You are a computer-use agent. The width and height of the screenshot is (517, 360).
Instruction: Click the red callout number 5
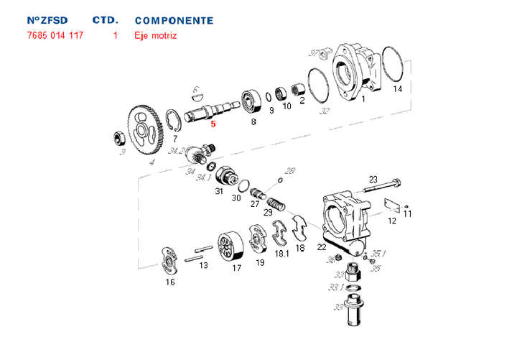213,124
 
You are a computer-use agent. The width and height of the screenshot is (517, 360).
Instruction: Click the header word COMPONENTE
174,20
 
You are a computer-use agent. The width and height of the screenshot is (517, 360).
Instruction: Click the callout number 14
397,89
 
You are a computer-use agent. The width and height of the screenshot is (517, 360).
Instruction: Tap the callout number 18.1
281,254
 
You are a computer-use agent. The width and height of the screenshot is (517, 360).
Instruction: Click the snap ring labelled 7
172,119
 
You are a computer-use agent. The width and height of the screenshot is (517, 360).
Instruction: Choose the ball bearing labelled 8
251,101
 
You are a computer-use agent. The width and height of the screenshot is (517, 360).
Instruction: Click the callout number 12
392,221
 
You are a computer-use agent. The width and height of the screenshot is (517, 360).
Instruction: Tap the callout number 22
322,246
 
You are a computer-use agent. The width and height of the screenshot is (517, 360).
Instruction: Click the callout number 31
219,191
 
